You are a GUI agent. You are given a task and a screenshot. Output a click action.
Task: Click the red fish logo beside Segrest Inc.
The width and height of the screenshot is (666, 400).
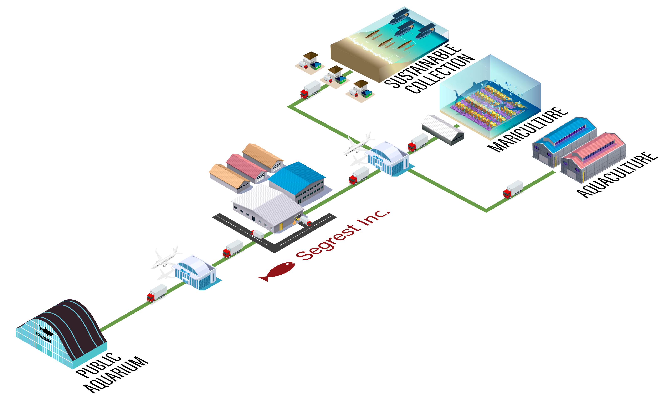pyautogui.click(x=276, y=271)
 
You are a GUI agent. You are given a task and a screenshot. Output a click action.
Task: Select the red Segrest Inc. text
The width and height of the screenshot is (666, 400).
pyautogui.click(x=343, y=235)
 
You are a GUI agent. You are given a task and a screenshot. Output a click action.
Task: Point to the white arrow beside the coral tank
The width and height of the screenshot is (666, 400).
pyautogui.click(x=403, y=94)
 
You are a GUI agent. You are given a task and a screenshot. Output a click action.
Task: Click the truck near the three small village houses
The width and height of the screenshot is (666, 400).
pyautogui.click(x=310, y=89)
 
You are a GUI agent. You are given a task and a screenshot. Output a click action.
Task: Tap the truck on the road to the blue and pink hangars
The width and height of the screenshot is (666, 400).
pyautogui.click(x=513, y=189)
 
